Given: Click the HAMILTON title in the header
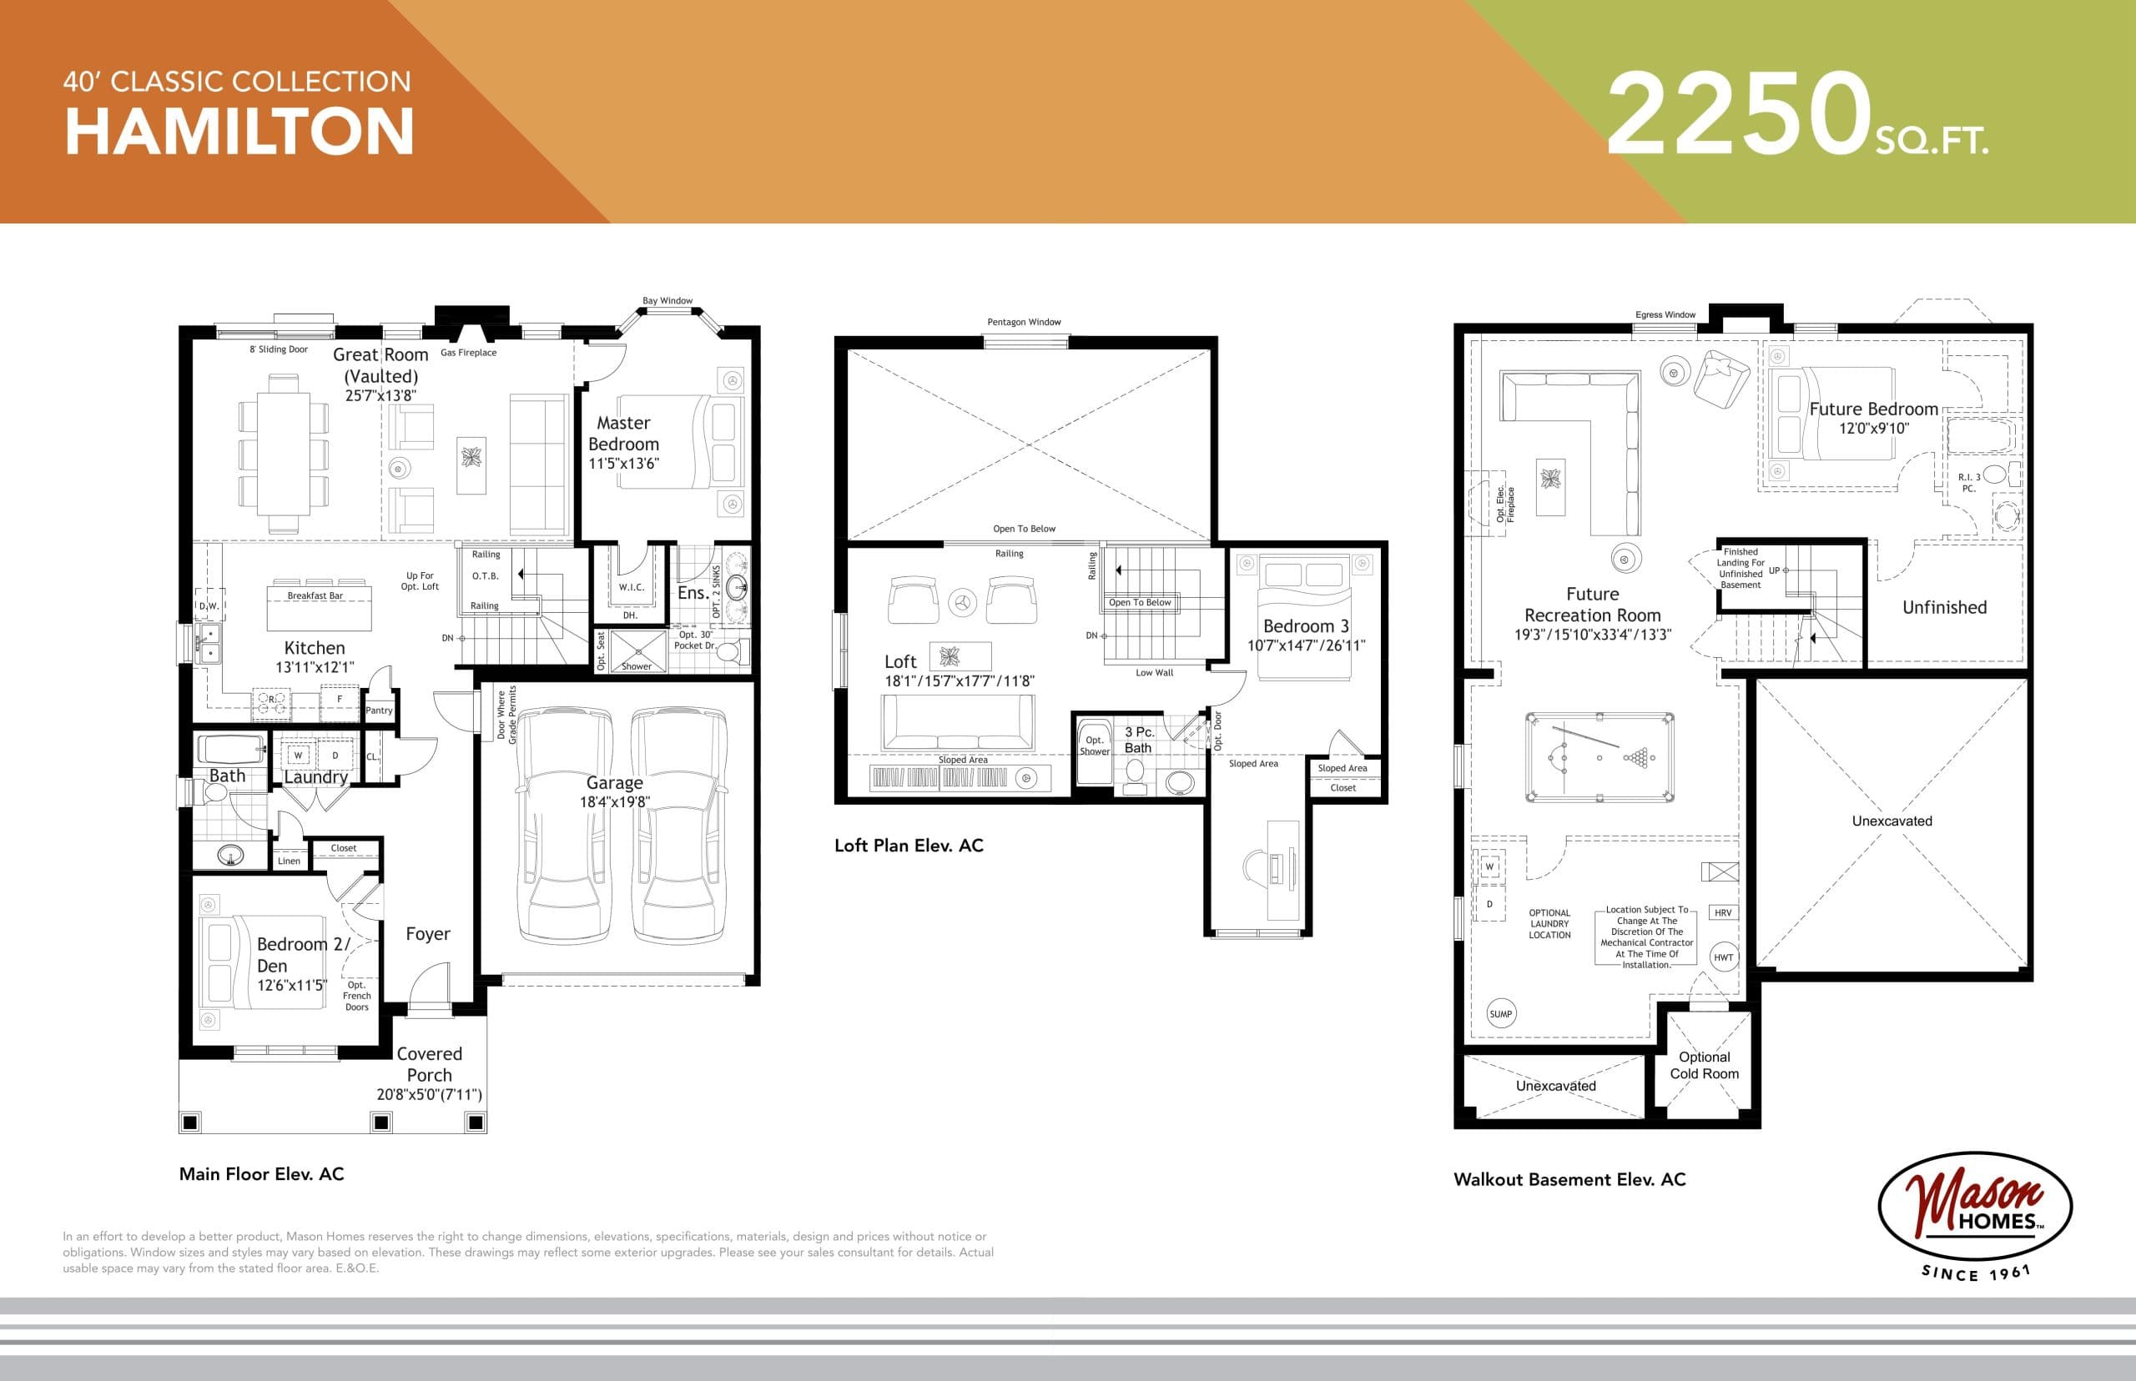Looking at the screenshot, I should tap(239, 132).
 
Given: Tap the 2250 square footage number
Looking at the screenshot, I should tap(1738, 115).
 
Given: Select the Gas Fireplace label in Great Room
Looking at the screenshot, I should tap(468, 353).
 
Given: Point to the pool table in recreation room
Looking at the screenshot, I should tap(1599, 758).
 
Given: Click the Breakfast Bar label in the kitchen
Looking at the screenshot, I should tap(315, 595).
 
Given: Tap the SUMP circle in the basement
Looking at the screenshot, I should tap(1501, 1014).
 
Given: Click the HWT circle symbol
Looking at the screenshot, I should tap(1723, 957).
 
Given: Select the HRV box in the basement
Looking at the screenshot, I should tap(1722, 913).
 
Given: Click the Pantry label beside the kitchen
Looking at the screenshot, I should tap(379, 711).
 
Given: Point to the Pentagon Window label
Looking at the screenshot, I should tap(1024, 322).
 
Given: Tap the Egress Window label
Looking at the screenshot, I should tap(1665, 314).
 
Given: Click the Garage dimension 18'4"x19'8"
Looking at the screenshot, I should tap(614, 801).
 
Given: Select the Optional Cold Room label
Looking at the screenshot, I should tap(1704, 1065).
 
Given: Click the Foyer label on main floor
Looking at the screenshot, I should tap(427, 934).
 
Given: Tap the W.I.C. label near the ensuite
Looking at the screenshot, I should tap(631, 587).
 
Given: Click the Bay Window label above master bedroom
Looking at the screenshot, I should tap(667, 301).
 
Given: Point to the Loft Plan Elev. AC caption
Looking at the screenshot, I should tap(908, 846).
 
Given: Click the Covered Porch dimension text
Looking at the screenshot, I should tap(429, 1095).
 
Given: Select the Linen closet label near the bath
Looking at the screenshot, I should tap(289, 861).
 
